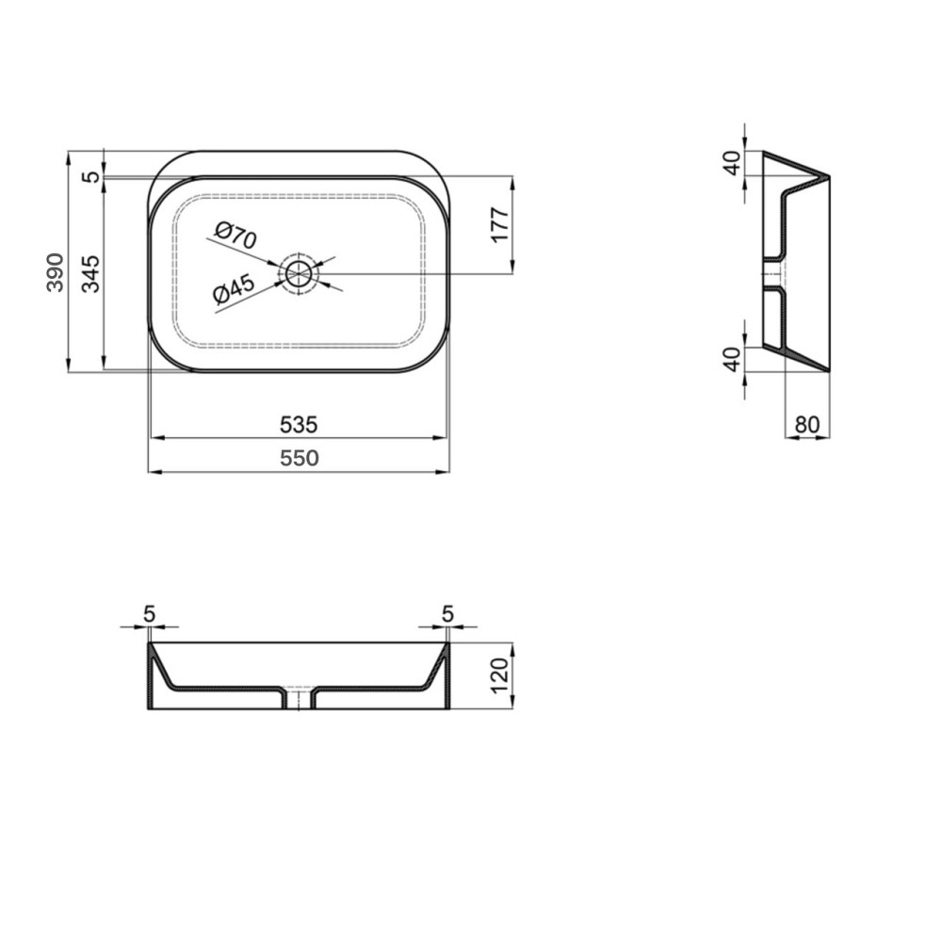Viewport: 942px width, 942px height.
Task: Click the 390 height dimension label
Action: coord(56,272)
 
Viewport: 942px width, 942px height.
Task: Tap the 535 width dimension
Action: coord(299,425)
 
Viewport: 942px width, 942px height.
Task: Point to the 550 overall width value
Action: coord(299,459)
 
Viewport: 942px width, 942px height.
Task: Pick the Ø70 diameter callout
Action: coord(235,235)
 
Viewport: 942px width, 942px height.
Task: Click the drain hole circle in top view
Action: coord(300,274)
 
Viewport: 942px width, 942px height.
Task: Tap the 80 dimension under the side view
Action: coord(806,425)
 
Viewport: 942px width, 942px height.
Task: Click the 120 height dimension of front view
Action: coord(499,675)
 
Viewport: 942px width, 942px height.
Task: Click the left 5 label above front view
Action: coord(149,613)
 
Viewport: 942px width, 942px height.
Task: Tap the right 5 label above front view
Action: coord(447,613)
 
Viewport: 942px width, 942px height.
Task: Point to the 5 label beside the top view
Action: coord(90,176)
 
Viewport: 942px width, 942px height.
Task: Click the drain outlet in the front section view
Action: coord(299,698)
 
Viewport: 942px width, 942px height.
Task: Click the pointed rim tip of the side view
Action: coord(828,176)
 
